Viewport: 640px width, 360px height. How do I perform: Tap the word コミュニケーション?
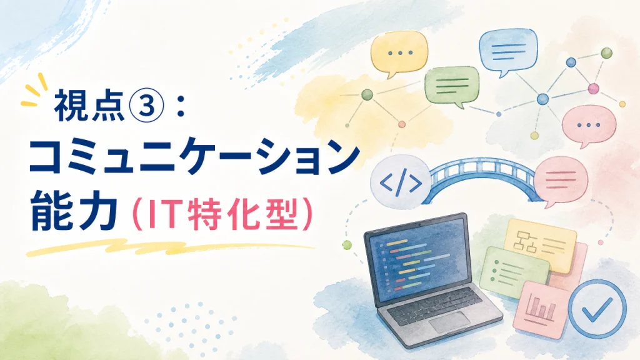click(x=194, y=157)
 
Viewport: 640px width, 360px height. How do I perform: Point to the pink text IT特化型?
click(x=221, y=212)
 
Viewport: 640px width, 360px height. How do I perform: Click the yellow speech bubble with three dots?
click(x=399, y=54)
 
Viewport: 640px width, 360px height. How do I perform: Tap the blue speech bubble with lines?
click(x=507, y=52)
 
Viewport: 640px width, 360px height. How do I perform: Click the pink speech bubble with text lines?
click(x=561, y=181)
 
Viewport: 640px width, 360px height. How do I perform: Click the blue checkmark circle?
click(x=597, y=309)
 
